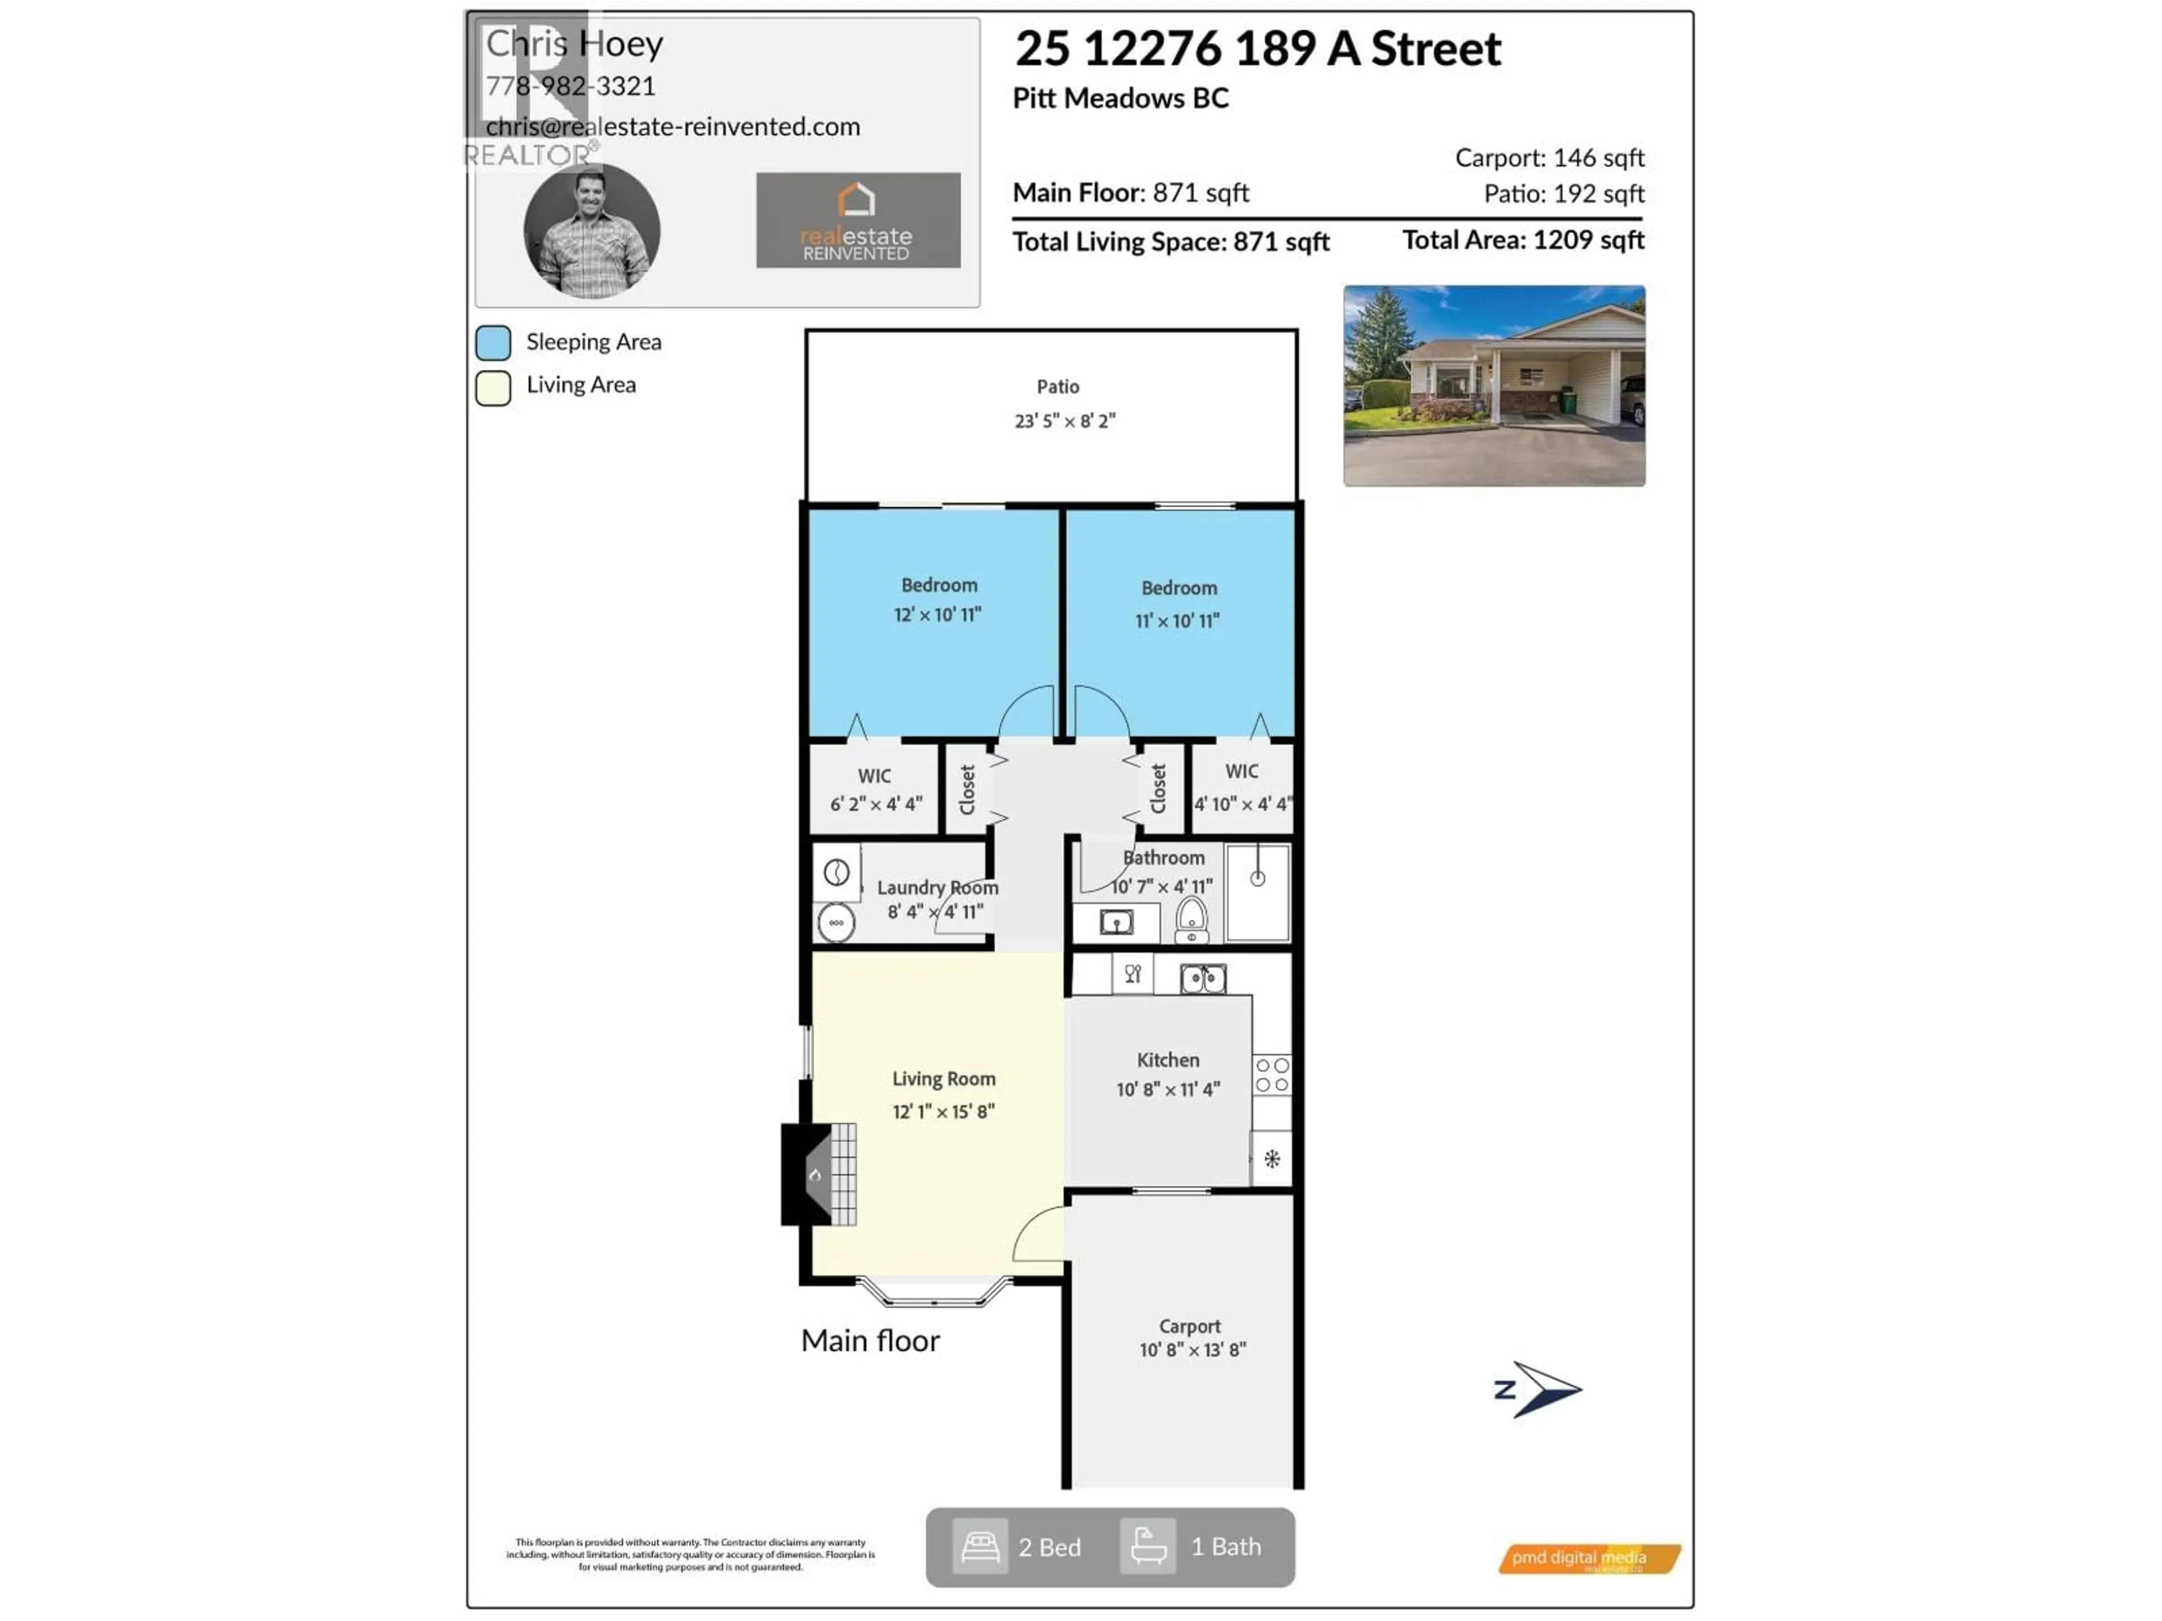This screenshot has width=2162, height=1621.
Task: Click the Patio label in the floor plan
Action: (1057, 387)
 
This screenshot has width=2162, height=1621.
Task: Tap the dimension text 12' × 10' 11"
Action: (937, 615)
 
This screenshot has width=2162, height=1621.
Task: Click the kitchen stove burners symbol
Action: (1272, 1075)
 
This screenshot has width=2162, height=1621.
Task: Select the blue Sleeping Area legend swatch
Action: (494, 343)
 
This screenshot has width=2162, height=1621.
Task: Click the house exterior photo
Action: (1494, 386)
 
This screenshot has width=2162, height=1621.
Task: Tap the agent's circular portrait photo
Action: (592, 231)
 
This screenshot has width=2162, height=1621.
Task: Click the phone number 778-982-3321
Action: (571, 86)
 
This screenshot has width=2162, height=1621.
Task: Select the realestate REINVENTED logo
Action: (857, 221)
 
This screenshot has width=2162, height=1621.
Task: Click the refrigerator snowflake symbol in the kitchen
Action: (1272, 1159)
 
